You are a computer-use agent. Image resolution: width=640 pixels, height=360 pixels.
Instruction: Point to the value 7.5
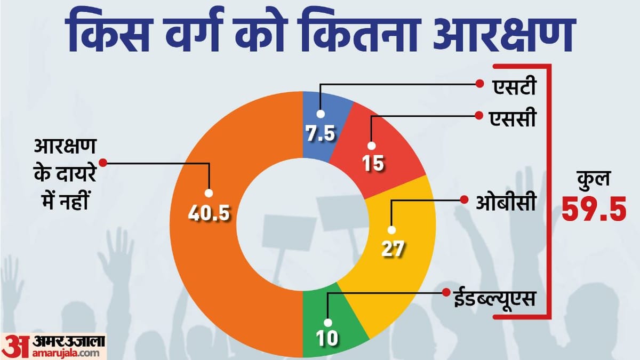[320, 133]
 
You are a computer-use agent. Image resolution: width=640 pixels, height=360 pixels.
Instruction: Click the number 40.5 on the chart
[209, 213]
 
